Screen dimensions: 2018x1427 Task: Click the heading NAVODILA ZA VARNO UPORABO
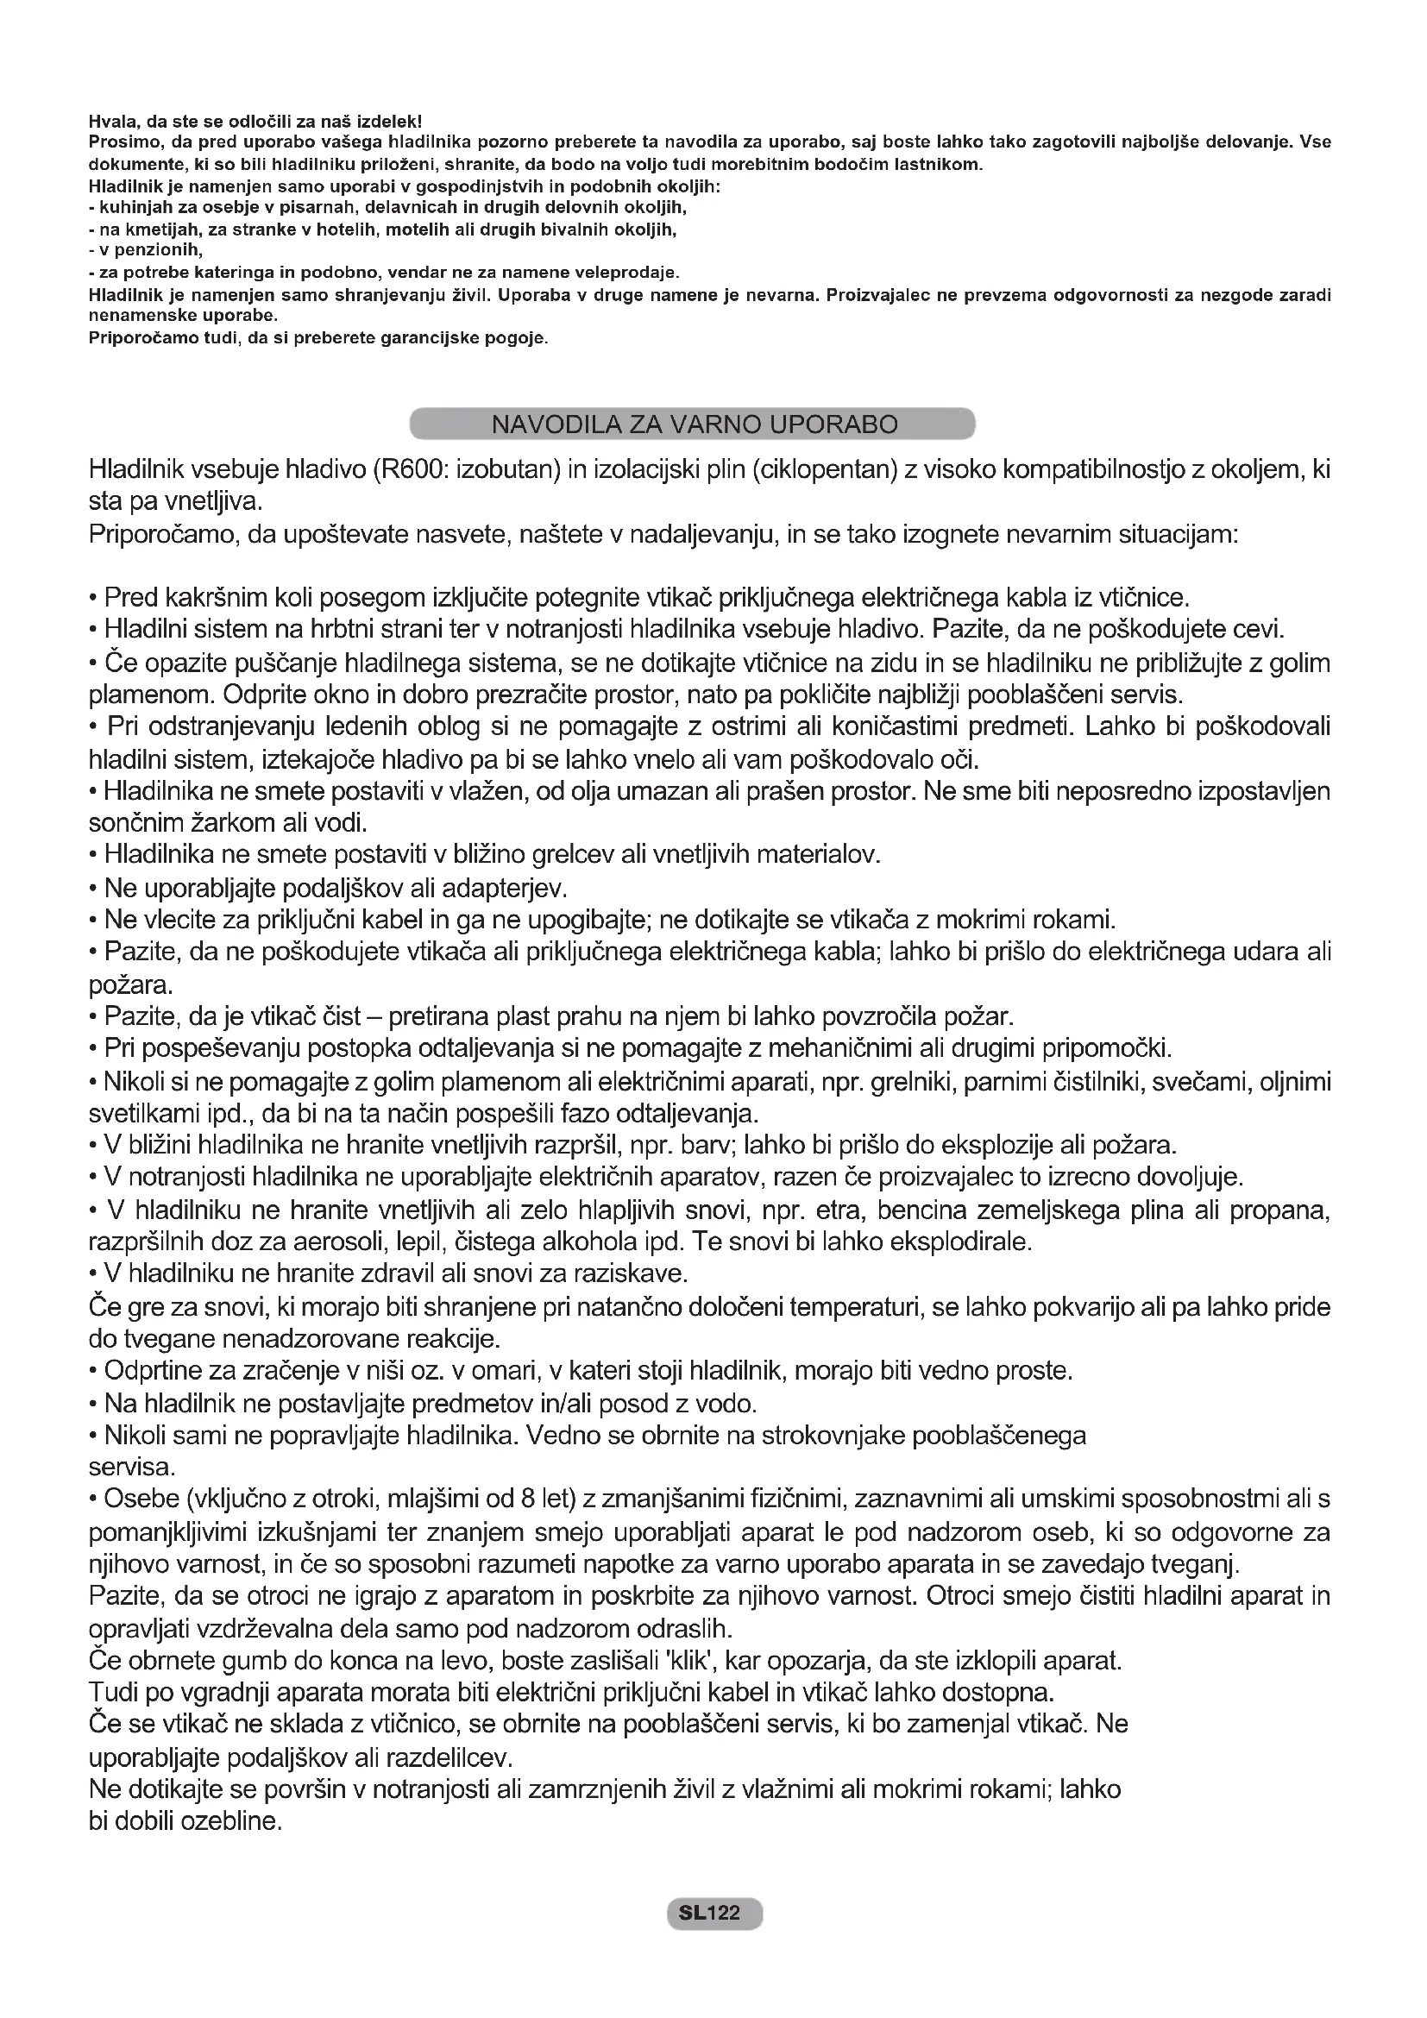[x=694, y=424]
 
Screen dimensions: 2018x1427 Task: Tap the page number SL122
[x=714, y=1913]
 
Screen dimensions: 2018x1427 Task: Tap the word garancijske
[x=432, y=338]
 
